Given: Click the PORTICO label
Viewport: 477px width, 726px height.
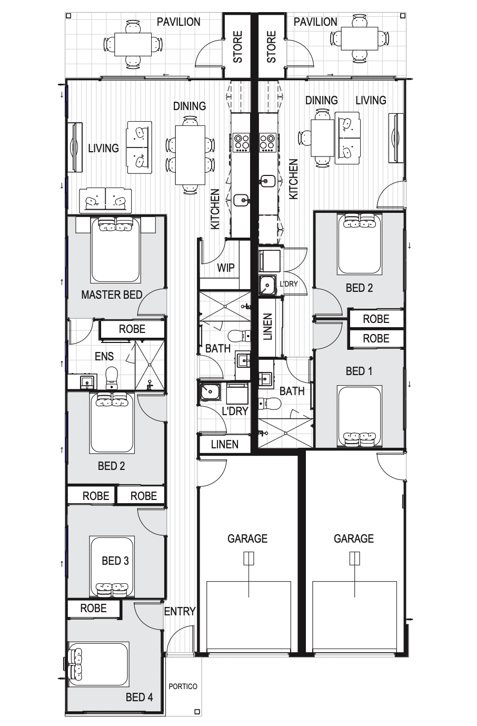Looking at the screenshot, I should pos(183,686).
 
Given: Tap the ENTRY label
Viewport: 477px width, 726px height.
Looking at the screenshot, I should pos(180,612).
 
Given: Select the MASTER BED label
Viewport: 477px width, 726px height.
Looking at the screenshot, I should pos(112,295).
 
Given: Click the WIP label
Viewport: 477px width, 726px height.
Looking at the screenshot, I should pos(226,268).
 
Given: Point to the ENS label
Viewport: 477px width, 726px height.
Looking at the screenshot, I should pos(104,357).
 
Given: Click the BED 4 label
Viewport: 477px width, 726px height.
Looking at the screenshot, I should pos(140,698).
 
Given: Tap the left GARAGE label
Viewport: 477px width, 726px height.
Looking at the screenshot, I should pos(247,538).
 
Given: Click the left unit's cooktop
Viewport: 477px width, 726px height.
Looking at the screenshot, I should pos(242,142).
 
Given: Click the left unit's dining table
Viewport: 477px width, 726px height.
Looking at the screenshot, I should pos(190,155).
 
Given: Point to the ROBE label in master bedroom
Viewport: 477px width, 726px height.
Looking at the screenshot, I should pos(132,329).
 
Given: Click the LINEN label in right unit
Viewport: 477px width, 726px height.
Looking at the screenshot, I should pos(267,327).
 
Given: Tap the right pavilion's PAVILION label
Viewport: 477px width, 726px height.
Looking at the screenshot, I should pos(315,22).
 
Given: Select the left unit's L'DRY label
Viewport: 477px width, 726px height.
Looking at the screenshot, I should pos(234,411).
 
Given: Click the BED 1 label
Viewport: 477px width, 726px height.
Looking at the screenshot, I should pos(359,371).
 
